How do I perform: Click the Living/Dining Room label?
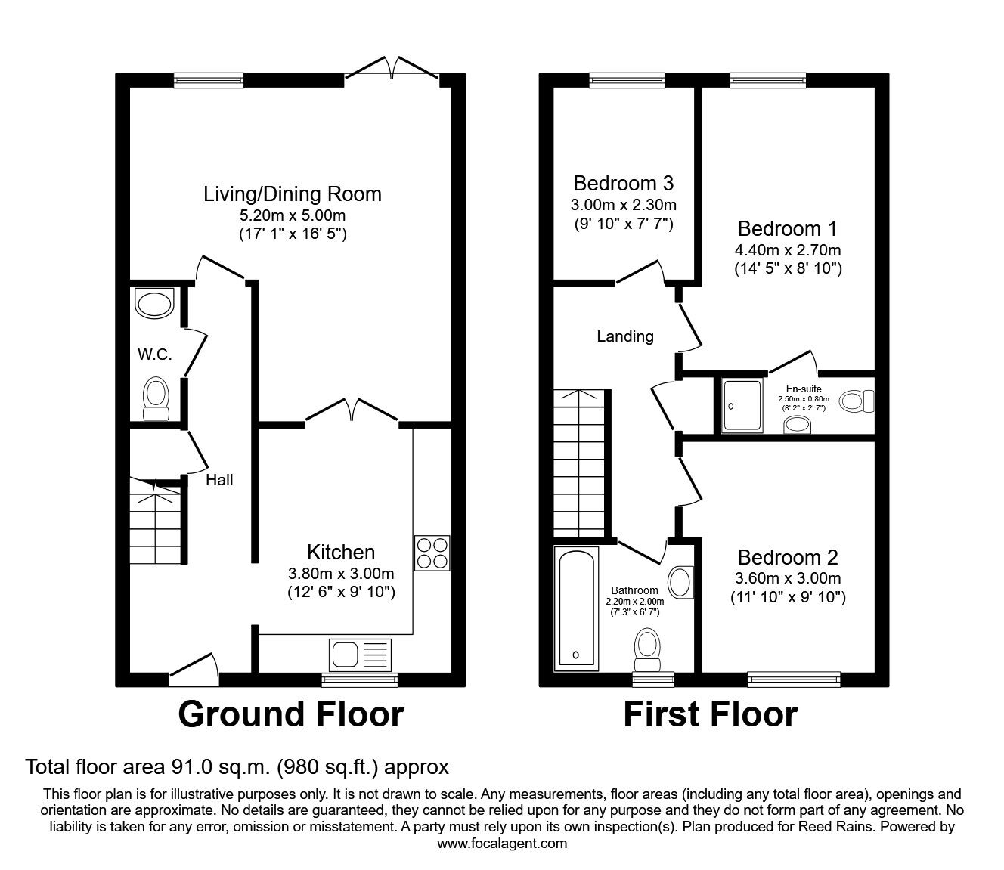[292, 194]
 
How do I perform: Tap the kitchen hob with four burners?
[432, 553]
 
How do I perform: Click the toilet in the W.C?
[156, 397]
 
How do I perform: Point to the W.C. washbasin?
[154, 304]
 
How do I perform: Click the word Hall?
[219, 480]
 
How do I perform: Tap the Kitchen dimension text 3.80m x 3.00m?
[340, 573]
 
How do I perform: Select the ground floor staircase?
[155, 521]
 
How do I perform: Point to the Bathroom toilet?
[646, 649]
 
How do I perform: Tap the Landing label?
[624, 336]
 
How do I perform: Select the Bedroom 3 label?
[623, 183]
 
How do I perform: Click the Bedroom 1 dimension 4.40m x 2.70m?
[787, 249]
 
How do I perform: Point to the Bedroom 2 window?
[794, 679]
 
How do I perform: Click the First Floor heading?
[710, 714]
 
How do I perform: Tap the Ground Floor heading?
[291, 714]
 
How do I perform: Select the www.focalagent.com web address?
[502, 844]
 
